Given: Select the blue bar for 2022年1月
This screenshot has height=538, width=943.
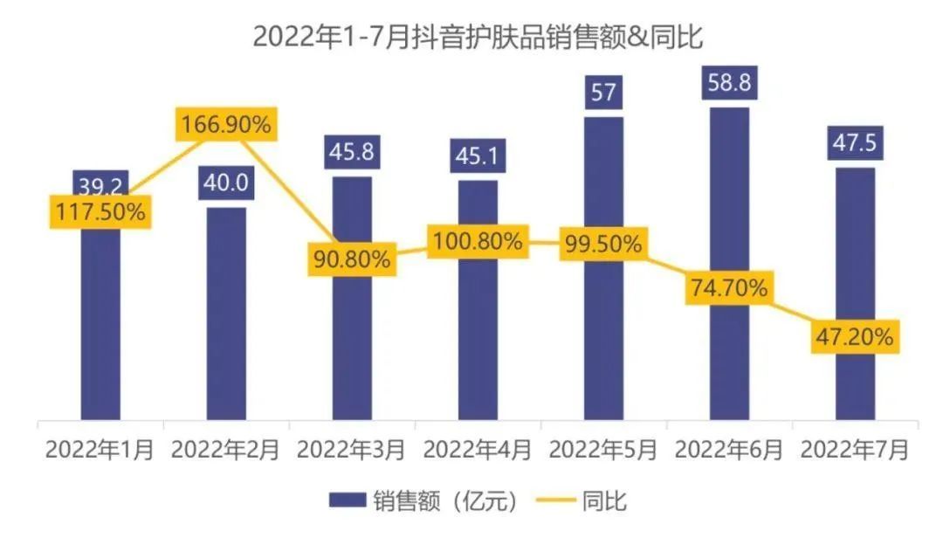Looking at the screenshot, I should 100,332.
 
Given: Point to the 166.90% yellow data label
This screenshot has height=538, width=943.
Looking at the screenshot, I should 226,125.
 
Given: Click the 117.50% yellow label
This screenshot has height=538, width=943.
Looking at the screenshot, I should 100,211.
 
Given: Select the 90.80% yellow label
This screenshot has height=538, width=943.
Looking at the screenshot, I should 352,259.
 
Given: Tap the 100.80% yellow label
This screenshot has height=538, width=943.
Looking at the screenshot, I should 478,241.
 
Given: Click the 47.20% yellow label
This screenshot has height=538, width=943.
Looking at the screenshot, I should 855,335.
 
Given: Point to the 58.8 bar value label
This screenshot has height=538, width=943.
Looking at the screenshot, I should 729,84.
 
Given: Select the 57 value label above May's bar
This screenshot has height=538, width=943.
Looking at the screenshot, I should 603,93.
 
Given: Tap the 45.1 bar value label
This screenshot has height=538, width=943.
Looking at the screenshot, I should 478,157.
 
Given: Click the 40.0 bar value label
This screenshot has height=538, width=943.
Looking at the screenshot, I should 226,185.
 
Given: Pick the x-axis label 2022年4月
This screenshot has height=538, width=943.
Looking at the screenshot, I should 478,451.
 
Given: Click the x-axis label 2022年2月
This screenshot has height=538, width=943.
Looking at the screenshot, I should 226,451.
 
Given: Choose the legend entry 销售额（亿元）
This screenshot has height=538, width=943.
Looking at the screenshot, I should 428,500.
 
